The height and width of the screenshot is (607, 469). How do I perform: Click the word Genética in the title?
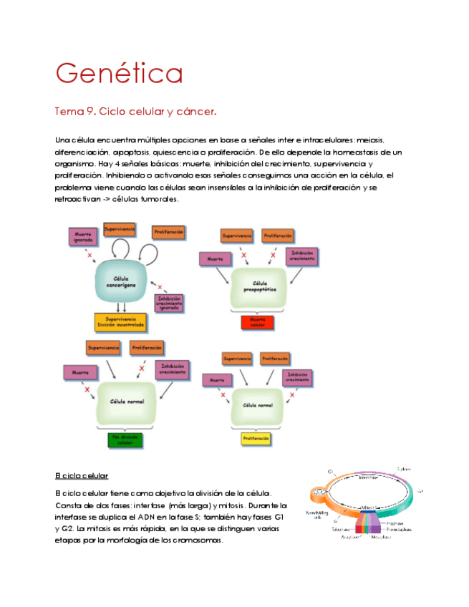(119, 74)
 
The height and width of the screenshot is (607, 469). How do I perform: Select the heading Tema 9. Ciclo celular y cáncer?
(135, 112)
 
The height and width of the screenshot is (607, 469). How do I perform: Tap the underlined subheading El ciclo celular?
(81, 475)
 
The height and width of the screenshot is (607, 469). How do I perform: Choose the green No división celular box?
(125, 440)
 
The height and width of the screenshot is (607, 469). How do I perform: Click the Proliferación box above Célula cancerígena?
(168, 232)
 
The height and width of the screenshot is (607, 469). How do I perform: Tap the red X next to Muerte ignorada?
(90, 255)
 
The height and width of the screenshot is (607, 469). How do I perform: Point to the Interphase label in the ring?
(368, 477)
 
